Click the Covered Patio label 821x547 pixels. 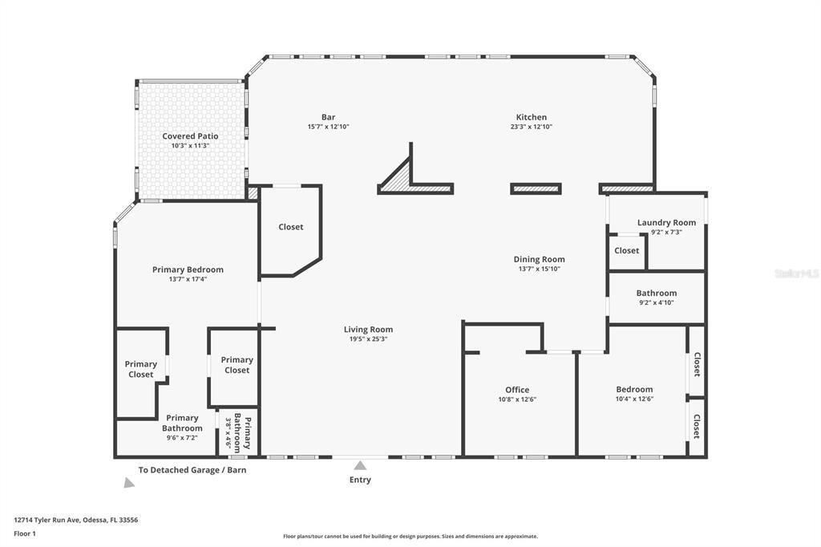click(x=190, y=136)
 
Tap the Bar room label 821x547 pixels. click(x=328, y=117)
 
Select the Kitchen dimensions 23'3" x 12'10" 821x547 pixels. click(x=531, y=127)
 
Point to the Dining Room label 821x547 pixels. click(x=539, y=259)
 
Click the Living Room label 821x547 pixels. click(x=368, y=329)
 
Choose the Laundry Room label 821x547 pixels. click(x=666, y=222)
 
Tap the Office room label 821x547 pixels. click(x=516, y=390)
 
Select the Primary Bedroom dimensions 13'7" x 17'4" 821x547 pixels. click(x=188, y=279)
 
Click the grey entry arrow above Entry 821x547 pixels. click(x=361, y=465)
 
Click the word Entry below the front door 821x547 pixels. click(x=360, y=480)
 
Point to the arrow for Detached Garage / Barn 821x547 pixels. click(x=128, y=483)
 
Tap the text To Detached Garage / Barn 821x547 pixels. click(x=192, y=470)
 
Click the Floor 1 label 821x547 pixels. click(x=25, y=533)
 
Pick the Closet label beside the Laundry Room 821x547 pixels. click(x=626, y=250)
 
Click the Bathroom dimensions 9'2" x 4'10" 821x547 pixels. click(x=656, y=303)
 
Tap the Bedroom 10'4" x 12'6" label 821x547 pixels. click(x=633, y=394)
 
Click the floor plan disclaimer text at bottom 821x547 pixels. click(x=410, y=537)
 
